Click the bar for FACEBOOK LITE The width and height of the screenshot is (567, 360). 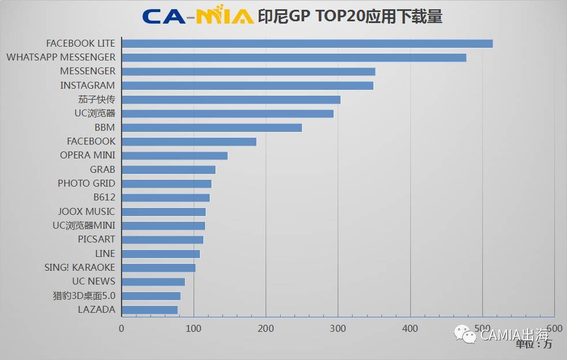click(307, 43)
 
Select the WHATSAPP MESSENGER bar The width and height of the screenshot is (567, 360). click(294, 58)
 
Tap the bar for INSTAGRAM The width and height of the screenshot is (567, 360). click(248, 85)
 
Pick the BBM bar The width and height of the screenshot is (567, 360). click(212, 127)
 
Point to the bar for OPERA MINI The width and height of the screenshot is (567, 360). click(175, 156)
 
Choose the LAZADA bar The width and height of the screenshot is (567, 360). click(150, 310)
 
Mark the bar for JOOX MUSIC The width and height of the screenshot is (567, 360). click(164, 211)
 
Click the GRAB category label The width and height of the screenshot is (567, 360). click(103, 169)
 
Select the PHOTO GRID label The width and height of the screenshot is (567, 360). click(86, 183)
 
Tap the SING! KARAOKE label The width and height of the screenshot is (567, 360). click(80, 267)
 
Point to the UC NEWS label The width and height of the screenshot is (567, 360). click(93, 281)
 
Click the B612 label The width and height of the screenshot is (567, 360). click(104, 198)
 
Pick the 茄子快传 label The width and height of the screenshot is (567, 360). click(96, 99)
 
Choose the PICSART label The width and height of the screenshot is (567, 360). click(96, 239)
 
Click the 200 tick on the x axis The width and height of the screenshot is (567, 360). click(266, 328)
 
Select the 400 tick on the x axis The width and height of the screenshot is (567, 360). click(410, 328)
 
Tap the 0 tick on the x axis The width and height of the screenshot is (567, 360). click(122, 328)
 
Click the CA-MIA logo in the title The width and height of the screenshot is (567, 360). click(198, 16)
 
